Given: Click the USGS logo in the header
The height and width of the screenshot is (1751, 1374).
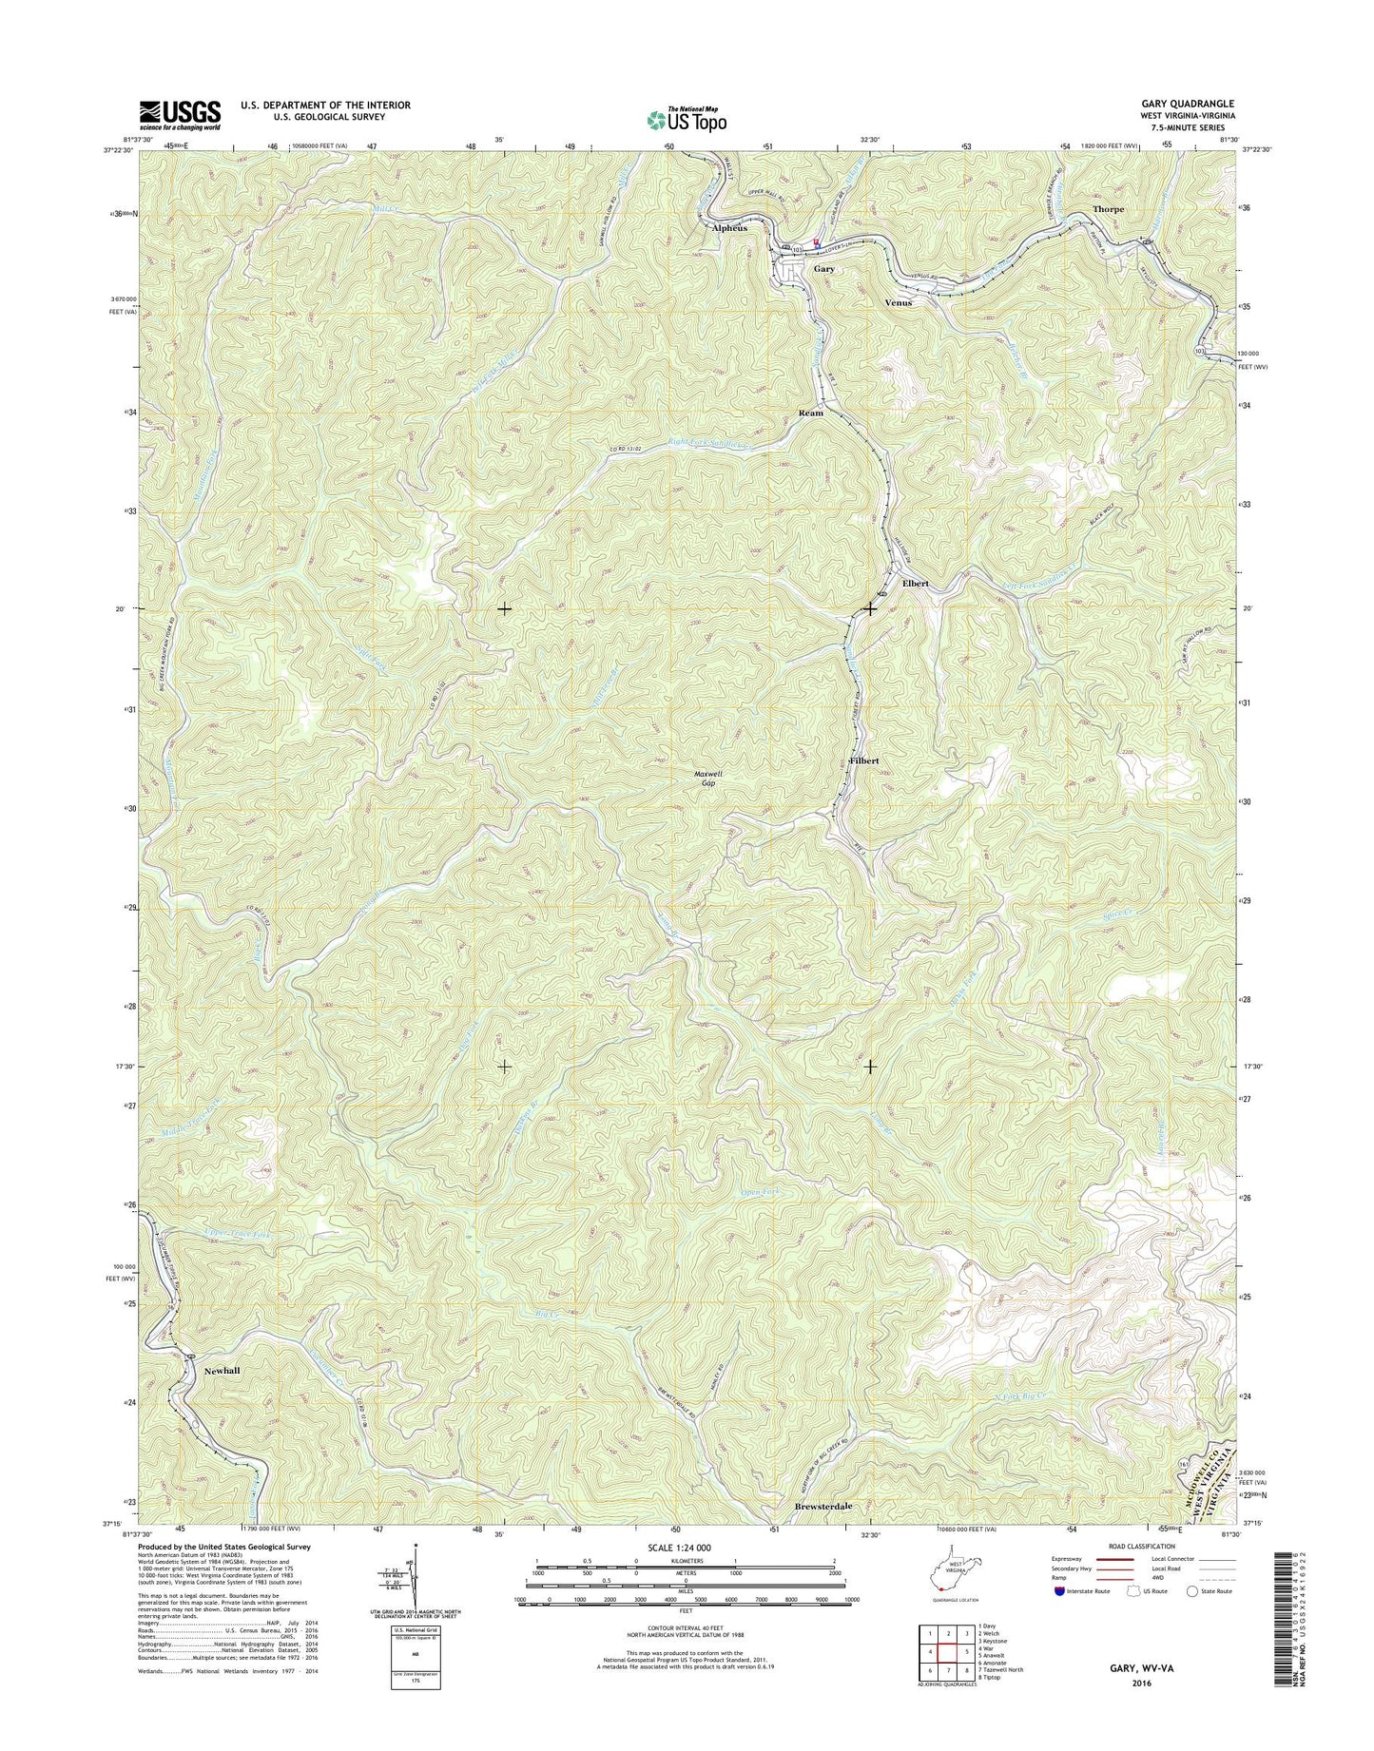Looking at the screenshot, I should [x=180, y=115].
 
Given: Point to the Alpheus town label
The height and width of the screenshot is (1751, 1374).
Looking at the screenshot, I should [x=729, y=228].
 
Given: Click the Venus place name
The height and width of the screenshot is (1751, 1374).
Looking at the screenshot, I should [x=898, y=302].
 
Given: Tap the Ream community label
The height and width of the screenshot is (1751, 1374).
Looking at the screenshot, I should [x=810, y=414].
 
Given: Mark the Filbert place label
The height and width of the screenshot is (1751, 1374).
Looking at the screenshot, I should [x=863, y=761].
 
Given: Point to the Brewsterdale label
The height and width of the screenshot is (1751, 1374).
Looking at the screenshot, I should [x=823, y=1534].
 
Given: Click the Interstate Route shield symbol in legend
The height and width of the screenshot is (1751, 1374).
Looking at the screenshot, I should [x=1059, y=1617].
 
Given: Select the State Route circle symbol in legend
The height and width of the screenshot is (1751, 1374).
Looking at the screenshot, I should [x=1191, y=1617].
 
